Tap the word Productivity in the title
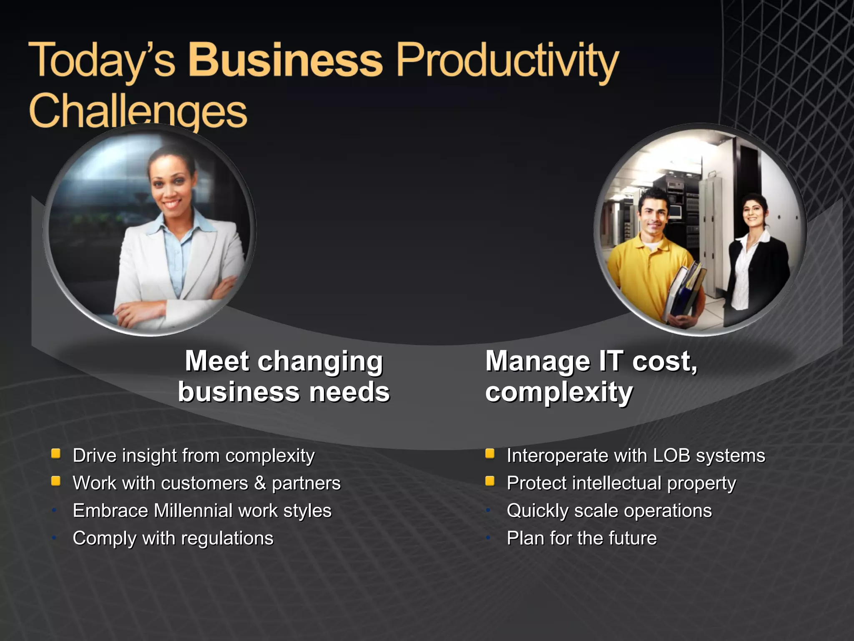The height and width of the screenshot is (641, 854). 507,61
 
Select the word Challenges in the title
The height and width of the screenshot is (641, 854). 138,111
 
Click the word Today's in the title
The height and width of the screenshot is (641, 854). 102,61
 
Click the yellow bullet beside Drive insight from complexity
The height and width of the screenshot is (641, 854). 56,454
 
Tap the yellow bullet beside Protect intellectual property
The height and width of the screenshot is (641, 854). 490,482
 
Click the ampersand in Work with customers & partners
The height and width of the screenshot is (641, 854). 260,483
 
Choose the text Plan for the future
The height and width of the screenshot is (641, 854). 581,538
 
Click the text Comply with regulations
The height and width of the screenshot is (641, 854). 173,538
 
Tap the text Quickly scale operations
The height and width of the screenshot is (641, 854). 609,510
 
